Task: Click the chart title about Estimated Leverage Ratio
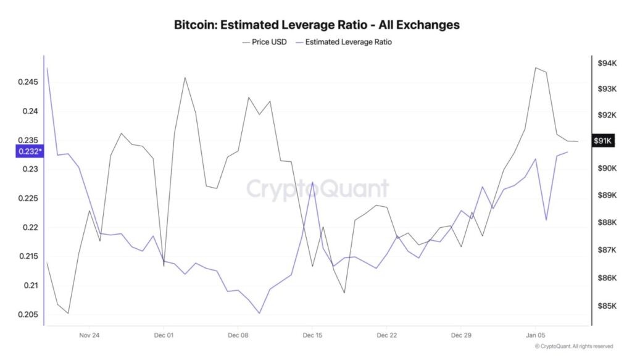(316, 25)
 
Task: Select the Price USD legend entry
(265, 42)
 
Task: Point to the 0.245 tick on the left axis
(27, 82)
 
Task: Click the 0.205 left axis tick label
(27, 315)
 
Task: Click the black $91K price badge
(602, 141)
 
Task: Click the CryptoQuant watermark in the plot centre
(318, 188)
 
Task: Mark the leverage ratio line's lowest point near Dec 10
(259, 313)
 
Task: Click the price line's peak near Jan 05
(536, 68)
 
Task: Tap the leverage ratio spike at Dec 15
(313, 183)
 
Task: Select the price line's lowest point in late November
(68, 313)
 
